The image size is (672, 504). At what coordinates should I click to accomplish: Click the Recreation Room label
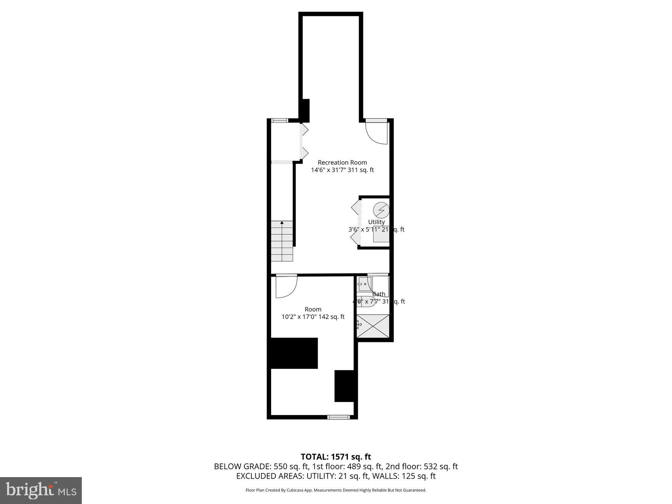342,162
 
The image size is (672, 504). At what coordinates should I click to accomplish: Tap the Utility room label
376,222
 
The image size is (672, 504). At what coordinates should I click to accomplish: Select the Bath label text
379,294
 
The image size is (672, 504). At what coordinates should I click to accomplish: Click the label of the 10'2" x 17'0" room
313,310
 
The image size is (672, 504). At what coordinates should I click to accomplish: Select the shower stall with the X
373,326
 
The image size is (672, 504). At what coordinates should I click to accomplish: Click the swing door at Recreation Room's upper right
376,132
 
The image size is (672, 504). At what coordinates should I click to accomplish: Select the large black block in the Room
294,353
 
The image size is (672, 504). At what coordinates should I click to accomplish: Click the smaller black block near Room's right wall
344,386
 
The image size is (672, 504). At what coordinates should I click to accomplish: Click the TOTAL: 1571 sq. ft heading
336,457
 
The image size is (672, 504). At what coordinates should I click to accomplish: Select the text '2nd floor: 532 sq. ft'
421,466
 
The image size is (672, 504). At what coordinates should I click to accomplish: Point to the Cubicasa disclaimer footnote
336,490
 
